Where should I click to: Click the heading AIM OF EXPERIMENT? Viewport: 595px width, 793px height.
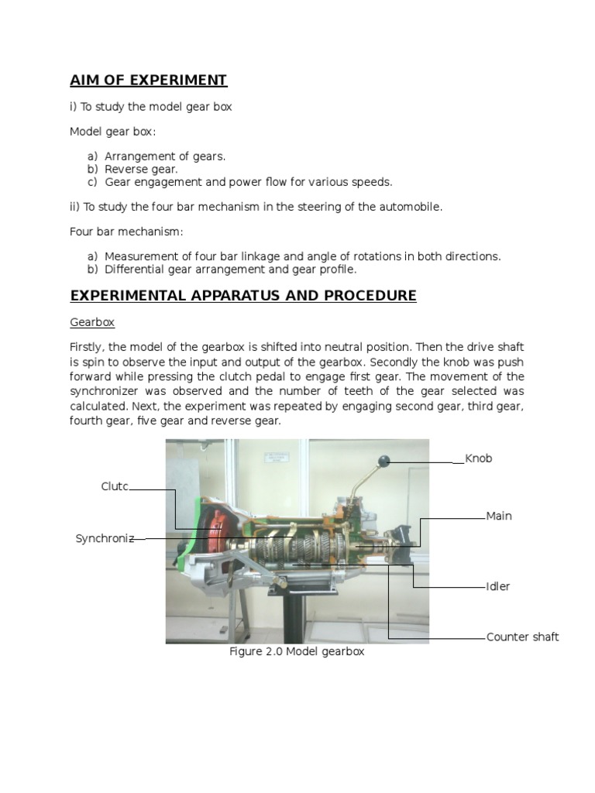click(148, 81)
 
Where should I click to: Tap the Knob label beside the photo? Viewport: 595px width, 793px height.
click(478, 458)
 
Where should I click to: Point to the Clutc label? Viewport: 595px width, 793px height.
click(114, 486)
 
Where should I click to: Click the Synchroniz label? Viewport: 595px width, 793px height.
click(105, 538)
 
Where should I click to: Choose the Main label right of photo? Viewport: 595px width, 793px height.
click(499, 516)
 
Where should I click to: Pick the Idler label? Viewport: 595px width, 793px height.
click(498, 586)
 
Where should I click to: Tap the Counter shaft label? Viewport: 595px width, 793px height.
click(522, 637)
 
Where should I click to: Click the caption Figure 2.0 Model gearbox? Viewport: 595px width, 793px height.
click(297, 652)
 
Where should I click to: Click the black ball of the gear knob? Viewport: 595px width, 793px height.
click(383, 462)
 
